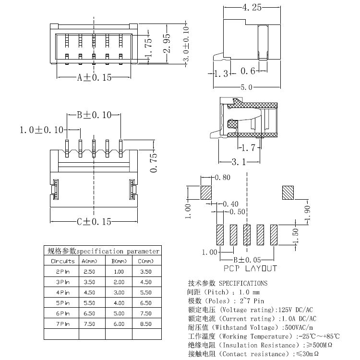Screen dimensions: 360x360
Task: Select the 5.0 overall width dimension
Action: (246, 87)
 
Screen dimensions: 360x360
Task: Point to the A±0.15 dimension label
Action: (94, 77)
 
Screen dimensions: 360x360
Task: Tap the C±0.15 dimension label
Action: (94, 221)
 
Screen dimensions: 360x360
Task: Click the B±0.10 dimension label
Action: (94, 115)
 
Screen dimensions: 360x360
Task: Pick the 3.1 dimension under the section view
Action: (239, 162)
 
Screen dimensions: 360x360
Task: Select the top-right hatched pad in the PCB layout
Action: (288, 192)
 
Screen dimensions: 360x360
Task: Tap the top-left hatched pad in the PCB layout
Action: (206, 192)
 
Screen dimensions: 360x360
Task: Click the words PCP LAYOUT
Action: (250, 269)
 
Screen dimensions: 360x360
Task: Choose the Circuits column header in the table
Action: (62, 261)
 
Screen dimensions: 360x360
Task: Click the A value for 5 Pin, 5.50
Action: (89, 303)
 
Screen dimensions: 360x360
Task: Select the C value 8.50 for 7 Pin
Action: (145, 324)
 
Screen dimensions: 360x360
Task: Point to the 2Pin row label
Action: (62, 272)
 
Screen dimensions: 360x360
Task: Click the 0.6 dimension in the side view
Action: (248, 71)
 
